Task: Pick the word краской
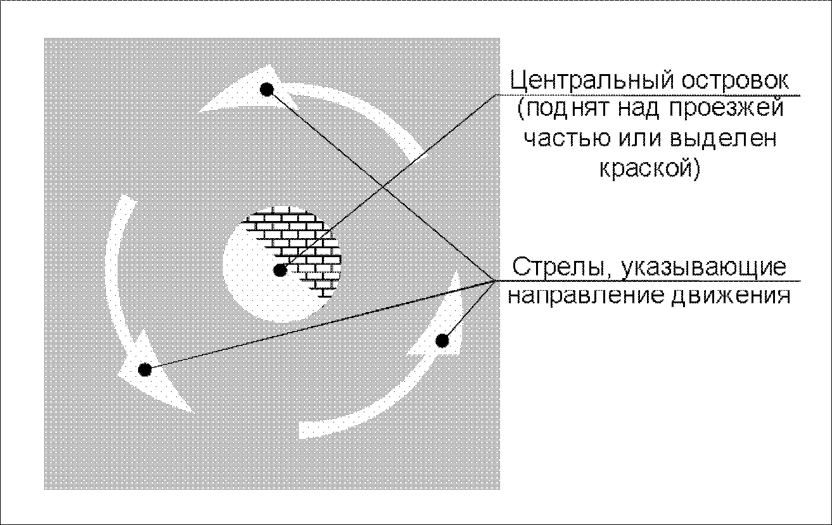click(x=646, y=168)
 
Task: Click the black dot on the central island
click(x=280, y=271)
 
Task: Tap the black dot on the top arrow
click(x=267, y=89)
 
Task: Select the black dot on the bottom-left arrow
click(x=145, y=369)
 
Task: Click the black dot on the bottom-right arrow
click(x=443, y=341)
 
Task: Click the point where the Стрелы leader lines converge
click(x=494, y=280)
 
